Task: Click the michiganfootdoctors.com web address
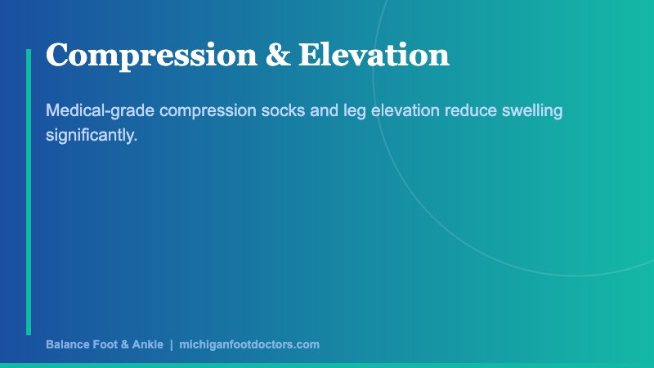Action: (x=249, y=345)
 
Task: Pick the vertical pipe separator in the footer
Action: (x=172, y=345)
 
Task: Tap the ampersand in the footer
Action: (x=125, y=345)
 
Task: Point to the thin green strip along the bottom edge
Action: (x=327, y=365)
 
